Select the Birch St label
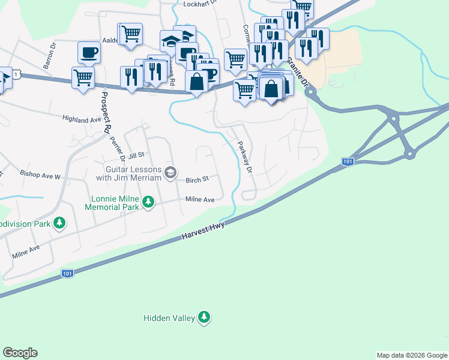click(197, 179)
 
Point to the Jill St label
click(137, 154)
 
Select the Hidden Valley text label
click(169, 317)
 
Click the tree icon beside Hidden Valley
click(204, 317)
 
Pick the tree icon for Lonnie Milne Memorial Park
click(148, 203)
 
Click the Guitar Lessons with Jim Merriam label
click(130, 174)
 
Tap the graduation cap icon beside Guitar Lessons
click(170, 173)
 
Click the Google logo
click(20, 353)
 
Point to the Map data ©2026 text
click(412, 355)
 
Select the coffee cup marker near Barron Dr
click(89, 53)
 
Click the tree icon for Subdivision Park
click(59, 224)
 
